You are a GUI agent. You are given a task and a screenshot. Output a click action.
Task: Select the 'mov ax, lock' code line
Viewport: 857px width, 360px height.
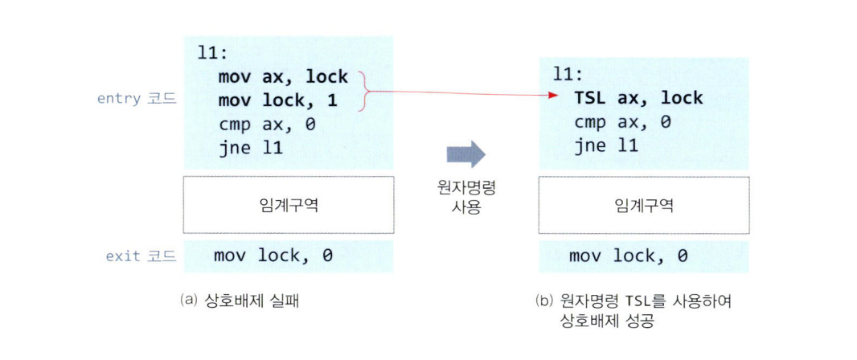282,77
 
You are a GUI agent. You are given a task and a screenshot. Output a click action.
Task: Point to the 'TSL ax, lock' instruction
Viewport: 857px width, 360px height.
638,98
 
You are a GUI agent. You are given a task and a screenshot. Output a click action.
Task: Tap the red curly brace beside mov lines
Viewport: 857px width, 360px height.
364,89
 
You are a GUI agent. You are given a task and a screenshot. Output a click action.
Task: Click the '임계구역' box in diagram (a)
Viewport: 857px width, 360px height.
289,205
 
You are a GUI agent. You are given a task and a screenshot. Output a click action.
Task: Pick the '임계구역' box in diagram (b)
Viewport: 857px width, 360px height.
643,205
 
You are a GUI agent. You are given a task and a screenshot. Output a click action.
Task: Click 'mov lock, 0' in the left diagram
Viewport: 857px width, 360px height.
273,256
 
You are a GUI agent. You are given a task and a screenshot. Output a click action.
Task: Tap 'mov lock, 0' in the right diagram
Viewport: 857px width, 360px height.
629,256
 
